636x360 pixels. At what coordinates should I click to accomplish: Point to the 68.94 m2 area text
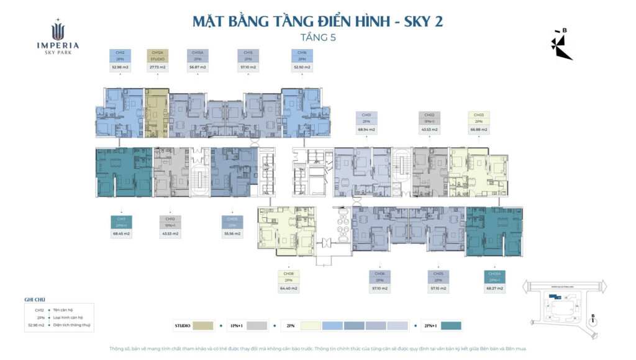(366, 130)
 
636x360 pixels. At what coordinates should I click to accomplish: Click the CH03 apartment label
(478, 115)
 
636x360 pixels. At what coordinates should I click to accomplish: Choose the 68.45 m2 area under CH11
(120, 234)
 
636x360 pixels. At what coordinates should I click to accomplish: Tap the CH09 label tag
(232, 220)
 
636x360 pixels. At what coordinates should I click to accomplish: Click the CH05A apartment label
(495, 274)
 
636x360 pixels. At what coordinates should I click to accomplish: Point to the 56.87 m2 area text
(198, 66)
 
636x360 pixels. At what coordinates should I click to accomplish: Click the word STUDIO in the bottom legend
(183, 325)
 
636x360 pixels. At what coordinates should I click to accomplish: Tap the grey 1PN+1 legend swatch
(257, 325)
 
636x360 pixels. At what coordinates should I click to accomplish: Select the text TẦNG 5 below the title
(317, 37)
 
